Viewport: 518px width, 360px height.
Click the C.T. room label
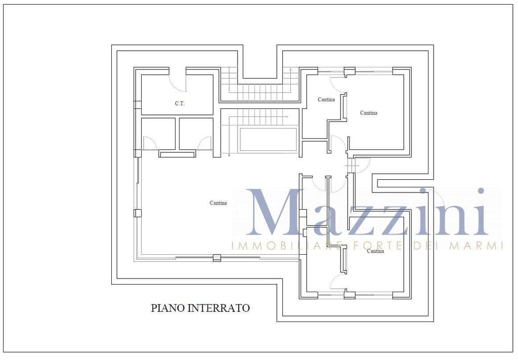(x=180, y=103)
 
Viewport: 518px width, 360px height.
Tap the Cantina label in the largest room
(x=218, y=203)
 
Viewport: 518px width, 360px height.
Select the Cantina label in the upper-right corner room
(x=368, y=113)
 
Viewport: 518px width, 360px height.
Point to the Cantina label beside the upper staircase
(x=326, y=99)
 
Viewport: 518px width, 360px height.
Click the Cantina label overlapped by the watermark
(x=376, y=251)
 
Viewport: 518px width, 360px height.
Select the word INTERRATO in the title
(x=219, y=308)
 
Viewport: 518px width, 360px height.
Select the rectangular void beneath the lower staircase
(x=268, y=139)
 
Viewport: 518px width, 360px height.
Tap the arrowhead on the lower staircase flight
(x=287, y=116)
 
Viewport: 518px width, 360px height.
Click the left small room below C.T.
(x=158, y=134)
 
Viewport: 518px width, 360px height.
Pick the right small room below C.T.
(x=196, y=134)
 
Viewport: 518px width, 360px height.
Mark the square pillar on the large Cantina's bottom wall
(x=217, y=258)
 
